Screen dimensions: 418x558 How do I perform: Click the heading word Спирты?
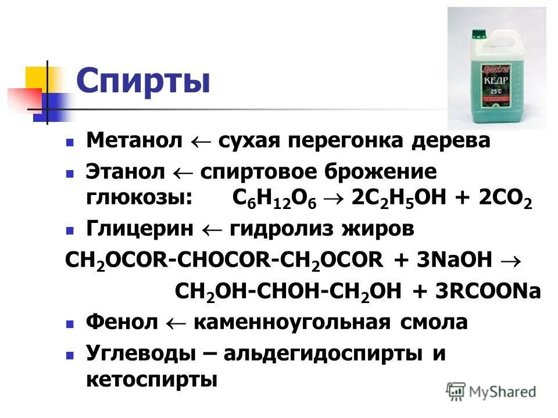click(142, 81)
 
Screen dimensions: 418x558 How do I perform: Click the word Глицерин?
click(139, 229)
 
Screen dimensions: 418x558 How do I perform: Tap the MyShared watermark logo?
click(491, 391)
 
